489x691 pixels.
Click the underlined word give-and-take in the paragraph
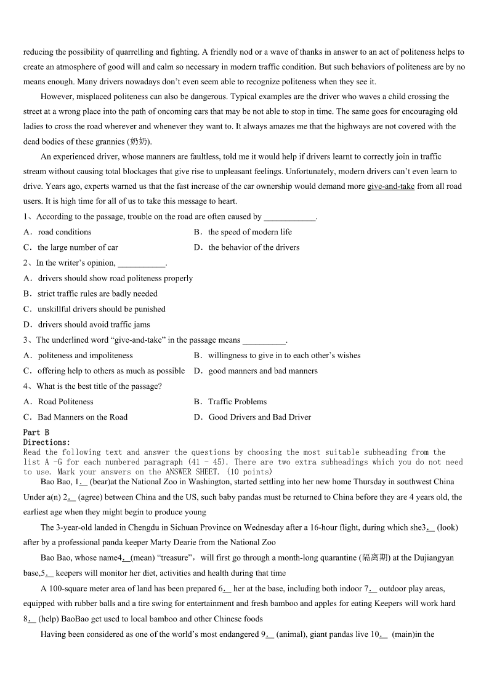[390, 186]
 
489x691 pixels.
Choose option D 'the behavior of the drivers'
[254, 247]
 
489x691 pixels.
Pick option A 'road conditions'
[64, 232]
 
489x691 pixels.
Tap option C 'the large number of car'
[78, 247]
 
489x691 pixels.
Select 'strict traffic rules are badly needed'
[97, 294]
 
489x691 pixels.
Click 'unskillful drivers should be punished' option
[101, 309]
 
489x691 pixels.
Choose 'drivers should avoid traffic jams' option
[94, 324]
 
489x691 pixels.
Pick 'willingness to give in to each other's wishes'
[284, 355]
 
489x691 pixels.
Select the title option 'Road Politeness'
[65, 402]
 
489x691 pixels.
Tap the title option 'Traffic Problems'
[237, 402]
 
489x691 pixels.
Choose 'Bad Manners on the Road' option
[83, 417]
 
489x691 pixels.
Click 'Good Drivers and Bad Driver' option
[259, 417]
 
